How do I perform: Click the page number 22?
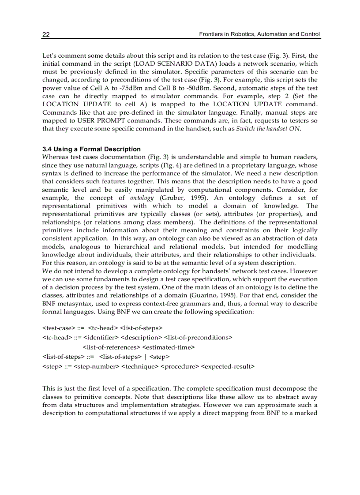[x=46, y=34]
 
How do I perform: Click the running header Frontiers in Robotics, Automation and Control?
[x=259, y=34]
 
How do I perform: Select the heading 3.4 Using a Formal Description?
[x=91, y=149]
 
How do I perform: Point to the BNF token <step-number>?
[x=97, y=366]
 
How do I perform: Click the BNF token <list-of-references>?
[x=109, y=347]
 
